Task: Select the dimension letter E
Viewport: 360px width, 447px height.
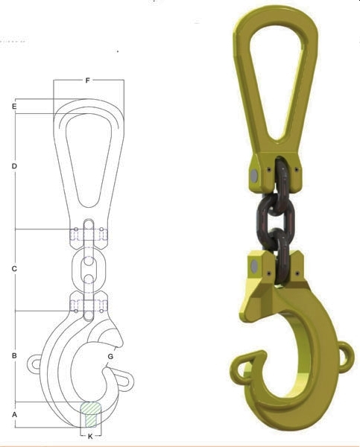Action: (14, 107)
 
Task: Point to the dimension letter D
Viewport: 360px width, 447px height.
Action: (14, 166)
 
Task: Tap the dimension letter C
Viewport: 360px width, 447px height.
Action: (14, 268)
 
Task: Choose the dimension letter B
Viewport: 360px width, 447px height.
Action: (14, 356)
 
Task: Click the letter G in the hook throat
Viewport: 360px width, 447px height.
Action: (110, 357)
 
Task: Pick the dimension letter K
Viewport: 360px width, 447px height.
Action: (90, 435)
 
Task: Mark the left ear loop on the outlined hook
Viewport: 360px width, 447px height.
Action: (36, 364)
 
